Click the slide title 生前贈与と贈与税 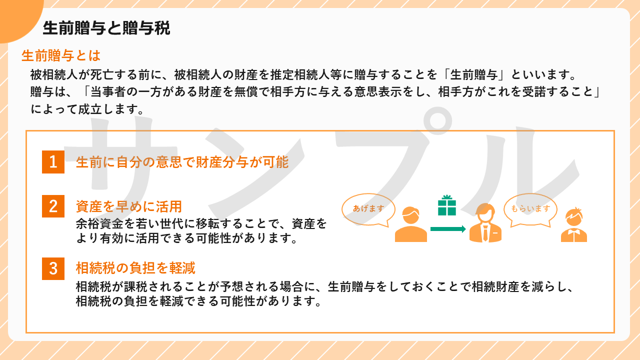[x=106, y=28]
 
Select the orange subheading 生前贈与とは [x=61, y=55]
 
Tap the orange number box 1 [x=53, y=162]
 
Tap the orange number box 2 [x=53, y=206]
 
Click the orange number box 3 [x=53, y=268]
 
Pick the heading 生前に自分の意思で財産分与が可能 [x=182, y=162]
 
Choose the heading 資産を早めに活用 [x=129, y=206]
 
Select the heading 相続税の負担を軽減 [x=135, y=268]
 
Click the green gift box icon [x=447, y=205]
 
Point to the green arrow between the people [x=448, y=229]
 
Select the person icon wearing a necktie [x=485, y=223]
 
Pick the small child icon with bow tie [x=574, y=225]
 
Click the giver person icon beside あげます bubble [x=411, y=224]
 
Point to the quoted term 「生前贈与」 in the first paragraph [x=473, y=75]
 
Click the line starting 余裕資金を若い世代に [x=201, y=223]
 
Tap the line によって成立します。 [x=87, y=109]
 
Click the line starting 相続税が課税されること [x=324, y=286]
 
